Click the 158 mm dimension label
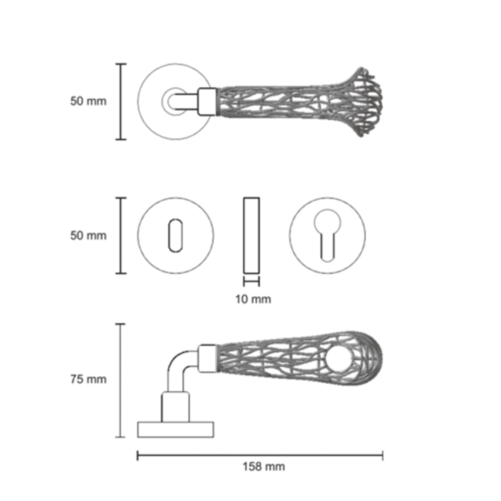[x=264, y=466]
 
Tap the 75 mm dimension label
[x=88, y=379]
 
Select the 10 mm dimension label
[x=253, y=299]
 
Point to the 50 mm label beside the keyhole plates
[x=88, y=235]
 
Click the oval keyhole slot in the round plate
[x=175, y=235]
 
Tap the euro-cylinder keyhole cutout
[x=327, y=235]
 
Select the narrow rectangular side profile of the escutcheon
[x=251, y=235]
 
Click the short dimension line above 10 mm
[x=251, y=282]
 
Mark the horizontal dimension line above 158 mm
[x=260, y=456]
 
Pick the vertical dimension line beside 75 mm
[x=120, y=380]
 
